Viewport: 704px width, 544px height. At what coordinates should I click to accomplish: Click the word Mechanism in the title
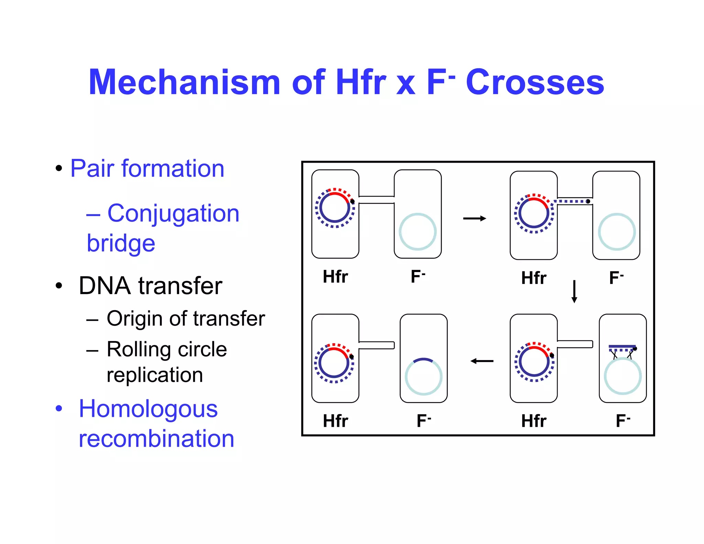click(x=185, y=83)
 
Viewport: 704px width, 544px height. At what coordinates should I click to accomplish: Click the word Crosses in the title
click(x=535, y=83)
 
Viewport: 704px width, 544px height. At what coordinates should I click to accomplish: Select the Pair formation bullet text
click(x=147, y=168)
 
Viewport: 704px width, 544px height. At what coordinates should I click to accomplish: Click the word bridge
click(x=121, y=243)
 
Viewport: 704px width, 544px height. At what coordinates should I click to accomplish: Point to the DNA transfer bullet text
click(x=150, y=286)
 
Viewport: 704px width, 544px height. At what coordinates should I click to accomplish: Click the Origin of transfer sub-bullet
click(x=186, y=318)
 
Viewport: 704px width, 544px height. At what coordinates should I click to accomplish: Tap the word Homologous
click(x=148, y=409)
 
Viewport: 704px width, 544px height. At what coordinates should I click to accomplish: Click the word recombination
click(x=156, y=439)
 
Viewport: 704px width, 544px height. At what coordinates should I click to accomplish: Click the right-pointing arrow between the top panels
click(x=474, y=218)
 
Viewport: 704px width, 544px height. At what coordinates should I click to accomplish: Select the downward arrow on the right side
click(x=574, y=292)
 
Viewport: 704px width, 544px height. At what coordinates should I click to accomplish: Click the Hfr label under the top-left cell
click(x=335, y=276)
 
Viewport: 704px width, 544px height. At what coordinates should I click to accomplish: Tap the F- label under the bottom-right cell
click(x=623, y=421)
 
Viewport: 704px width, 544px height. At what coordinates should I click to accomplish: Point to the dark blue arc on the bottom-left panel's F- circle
click(x=423, y=360)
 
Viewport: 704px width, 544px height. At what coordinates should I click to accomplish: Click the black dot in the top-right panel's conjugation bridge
click(x=588, y=202)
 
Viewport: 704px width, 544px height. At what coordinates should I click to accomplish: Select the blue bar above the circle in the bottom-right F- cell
click(x=622, y=346)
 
